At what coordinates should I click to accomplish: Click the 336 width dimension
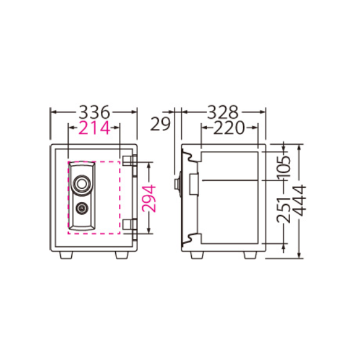[x=94, y=112]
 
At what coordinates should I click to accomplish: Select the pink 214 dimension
[x=94, y=128]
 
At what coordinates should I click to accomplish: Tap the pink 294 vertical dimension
[x=148, y=198]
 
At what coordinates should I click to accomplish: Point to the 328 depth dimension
[x=223, y=112]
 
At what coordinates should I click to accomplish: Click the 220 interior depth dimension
[x=229, y=128]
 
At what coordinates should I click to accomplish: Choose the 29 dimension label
[x=160, y=124]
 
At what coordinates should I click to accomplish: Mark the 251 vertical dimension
[x=284, y=209]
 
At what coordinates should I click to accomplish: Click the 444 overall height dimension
[x=299, y=200]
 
